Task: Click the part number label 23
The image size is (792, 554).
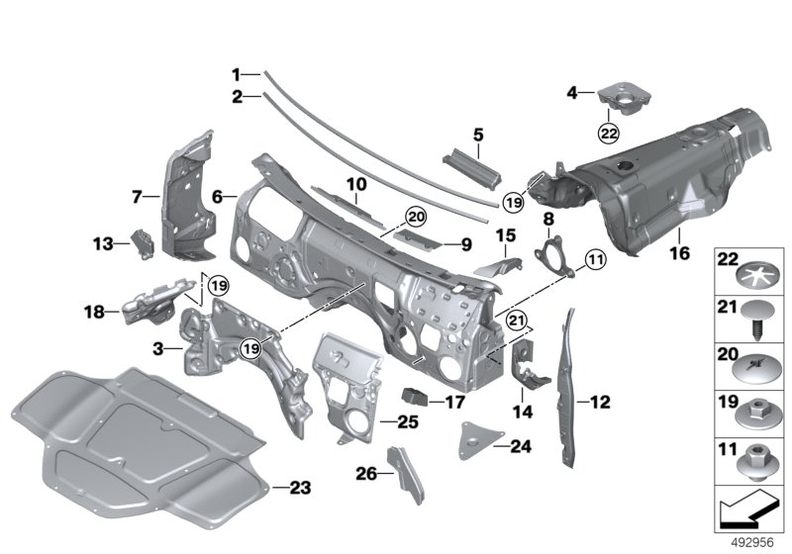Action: pos(301,487)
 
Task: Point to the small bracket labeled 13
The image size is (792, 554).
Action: pos(143,242)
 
